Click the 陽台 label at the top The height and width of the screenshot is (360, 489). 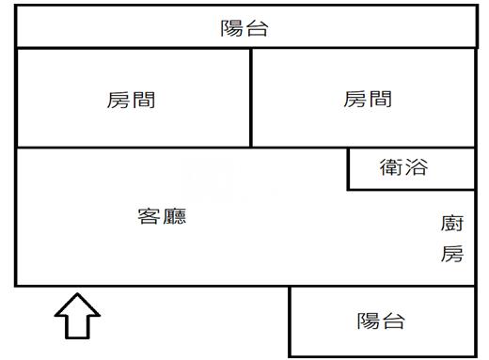(244, 28)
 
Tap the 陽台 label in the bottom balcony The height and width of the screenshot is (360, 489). (381, 321)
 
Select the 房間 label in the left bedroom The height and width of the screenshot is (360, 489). (132, 100)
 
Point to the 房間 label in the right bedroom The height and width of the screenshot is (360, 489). (368, 99)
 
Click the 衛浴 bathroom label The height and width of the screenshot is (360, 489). (403, 168)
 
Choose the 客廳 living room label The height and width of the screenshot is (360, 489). (162, 216)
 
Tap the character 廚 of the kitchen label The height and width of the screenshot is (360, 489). (452, 224)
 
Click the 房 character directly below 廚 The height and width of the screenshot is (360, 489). (452, 254)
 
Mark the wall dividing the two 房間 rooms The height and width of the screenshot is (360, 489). (251, 98)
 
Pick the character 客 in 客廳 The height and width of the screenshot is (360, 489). (150, 216)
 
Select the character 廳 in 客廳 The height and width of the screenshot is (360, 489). (174, 216)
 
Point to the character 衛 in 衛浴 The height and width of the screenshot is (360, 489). (391, 168)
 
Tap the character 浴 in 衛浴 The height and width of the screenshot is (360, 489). (416, 168)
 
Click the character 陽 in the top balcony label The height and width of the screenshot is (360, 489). (232, 28)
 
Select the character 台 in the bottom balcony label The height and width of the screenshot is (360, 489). (393, 321)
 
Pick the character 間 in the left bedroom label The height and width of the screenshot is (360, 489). (144, 100)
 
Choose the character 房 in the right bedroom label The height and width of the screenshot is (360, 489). (355, 99)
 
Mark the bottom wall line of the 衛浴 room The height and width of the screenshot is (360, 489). (411, 190)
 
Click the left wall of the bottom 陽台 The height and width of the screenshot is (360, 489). (289, 321)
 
